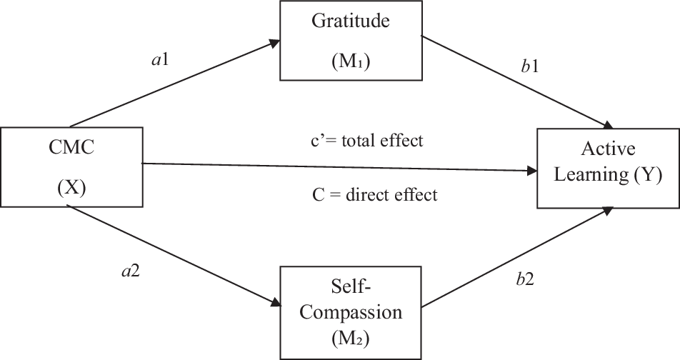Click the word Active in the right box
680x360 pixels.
click(608, 148)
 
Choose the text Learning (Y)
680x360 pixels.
click(608, 174)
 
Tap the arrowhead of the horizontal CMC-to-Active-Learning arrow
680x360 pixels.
click(532, 171)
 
